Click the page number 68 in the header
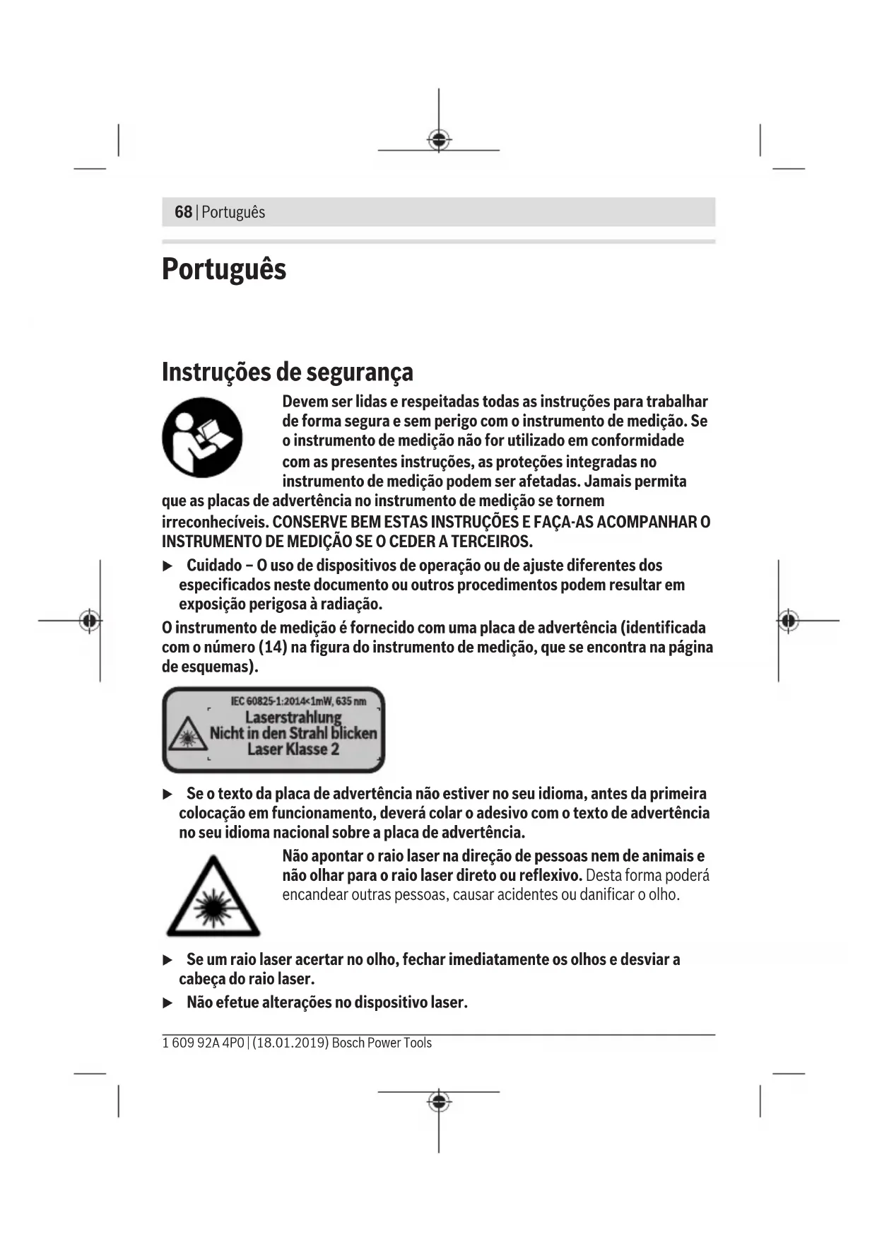tap(183, 212)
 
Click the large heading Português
tap(224, 269)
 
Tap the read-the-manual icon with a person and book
tap(202, 437)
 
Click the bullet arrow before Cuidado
tap(168, 566)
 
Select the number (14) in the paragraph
tap(272, 648)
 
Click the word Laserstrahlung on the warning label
tap(293, 717)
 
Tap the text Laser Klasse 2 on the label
tap(293, 749)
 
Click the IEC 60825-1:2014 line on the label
tap(298, 701)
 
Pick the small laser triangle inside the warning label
tap(187, 735)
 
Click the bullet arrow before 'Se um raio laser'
tap(168, 960)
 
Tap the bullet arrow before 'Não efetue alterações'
tap(168, 1003)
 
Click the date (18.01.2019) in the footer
tap(290, 1043)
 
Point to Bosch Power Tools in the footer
tap(382, 1043)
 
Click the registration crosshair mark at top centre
tap(439, 140)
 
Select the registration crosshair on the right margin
tap(789, 621)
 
